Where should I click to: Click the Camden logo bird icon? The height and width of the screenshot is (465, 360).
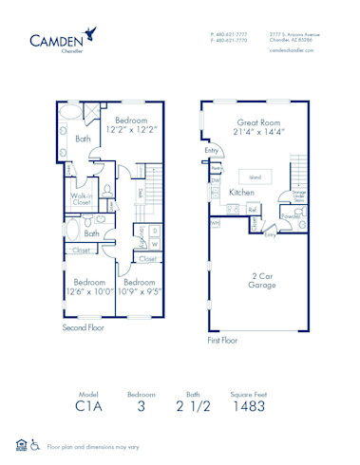(89, 32)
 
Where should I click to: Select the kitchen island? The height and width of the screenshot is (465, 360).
(255, 176)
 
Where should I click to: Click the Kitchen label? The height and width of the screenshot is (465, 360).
(242, 193)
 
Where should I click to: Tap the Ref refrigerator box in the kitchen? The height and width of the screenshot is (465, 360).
(254, 210)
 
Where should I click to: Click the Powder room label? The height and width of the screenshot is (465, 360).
(292, 215)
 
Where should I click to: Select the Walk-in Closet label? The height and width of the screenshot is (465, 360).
(82, 198)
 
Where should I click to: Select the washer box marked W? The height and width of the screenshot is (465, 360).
(155, 243)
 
